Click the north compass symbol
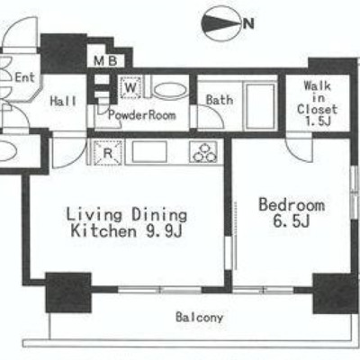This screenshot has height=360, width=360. pos(221,23)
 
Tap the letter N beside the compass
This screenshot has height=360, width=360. pos(248,23)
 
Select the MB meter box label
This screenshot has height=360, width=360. pos(105,61)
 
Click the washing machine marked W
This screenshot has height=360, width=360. pos(130,87)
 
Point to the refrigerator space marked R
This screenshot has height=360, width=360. pos(107,153)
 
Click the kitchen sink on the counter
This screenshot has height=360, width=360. pos(149,152)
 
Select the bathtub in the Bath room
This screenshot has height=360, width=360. pos(260,106)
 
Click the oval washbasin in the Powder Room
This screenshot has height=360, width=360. pos(170,91)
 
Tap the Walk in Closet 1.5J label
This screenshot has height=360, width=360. pos(317,103)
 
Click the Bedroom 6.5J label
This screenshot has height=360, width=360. pos(292,212)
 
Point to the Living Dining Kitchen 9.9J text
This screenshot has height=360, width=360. pos(126,223)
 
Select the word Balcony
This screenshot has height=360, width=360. pos(200,318)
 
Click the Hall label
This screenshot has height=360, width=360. pos(63,101)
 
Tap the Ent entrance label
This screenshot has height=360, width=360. pos(25,77)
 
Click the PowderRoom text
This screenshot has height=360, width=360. pos(142,115)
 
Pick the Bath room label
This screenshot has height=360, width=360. pos(220,99)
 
